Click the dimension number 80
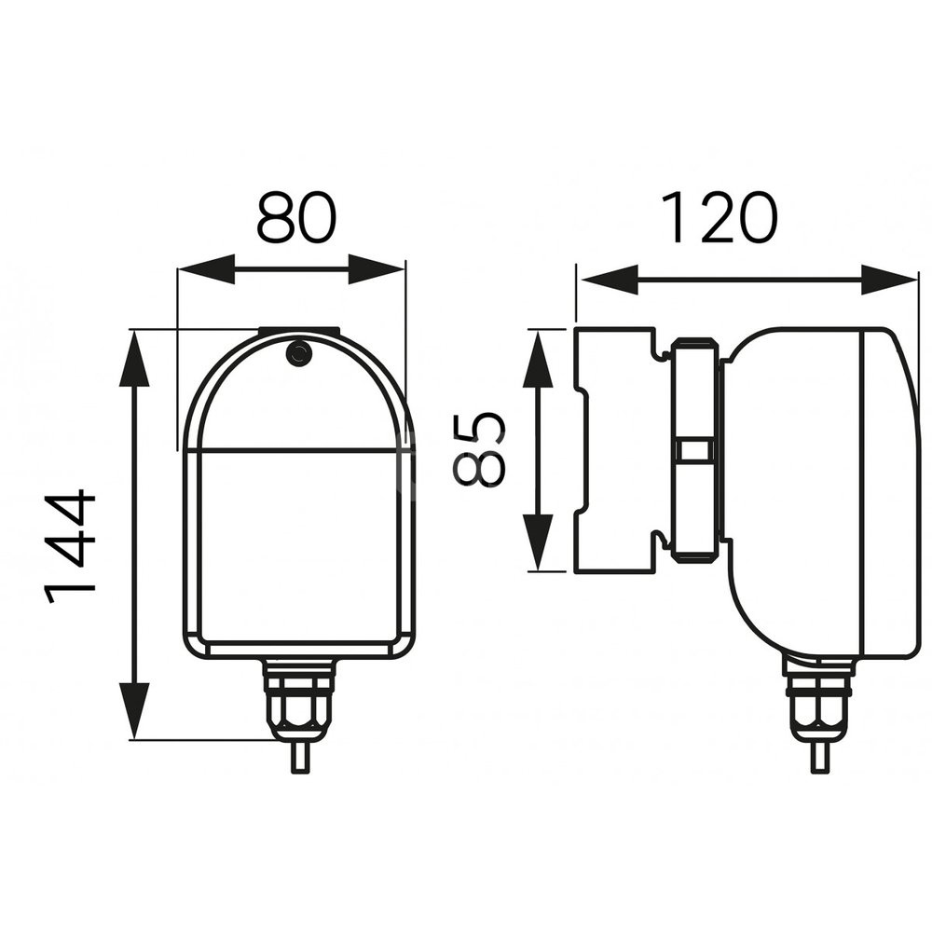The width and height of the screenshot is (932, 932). click(x=296, y=216)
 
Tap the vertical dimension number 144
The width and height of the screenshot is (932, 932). click(x=71, y=545)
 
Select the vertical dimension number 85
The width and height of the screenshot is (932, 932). click(x=480, y=449)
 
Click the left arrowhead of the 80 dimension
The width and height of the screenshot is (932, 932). click(x=206, y=269)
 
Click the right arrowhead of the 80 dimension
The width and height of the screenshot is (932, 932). click(x=377, y=269)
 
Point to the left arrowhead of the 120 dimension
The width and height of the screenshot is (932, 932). click(x=609, y=280)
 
